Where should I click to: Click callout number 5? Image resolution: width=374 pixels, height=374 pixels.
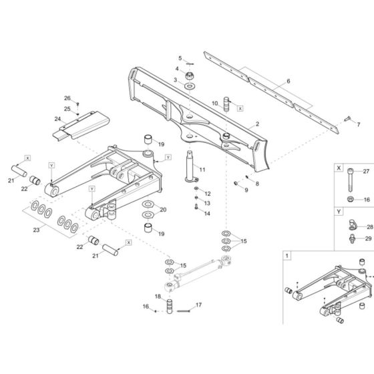click(180, 58)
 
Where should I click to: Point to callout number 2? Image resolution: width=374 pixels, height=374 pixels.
click(257, 125)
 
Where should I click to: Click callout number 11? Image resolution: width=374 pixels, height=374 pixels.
click(202, 170)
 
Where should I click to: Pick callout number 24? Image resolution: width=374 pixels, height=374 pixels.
click(57, 120)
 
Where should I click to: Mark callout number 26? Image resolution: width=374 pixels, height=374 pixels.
click(67, 98)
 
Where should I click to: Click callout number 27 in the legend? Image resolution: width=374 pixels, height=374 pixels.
click(365, 172)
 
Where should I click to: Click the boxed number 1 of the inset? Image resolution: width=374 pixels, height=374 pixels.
click(287, 255)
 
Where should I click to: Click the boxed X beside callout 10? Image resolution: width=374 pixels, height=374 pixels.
click(240, 106)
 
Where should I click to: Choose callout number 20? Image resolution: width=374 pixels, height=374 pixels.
click(163, 210)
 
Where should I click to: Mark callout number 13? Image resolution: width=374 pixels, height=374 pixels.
click(207, 204)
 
